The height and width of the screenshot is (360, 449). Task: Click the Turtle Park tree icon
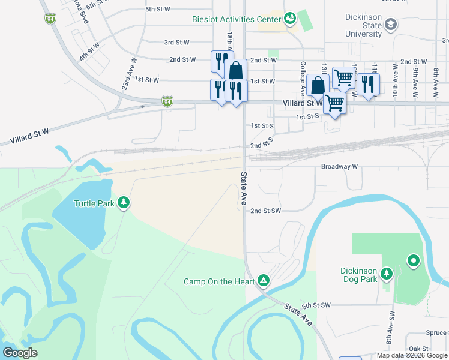point(124,203)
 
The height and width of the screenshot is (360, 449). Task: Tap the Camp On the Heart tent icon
point(263,280)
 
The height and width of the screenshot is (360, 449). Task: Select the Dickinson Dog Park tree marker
point(387,274)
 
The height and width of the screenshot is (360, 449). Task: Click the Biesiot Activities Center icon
point(290,19)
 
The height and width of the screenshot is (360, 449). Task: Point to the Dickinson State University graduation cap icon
point(391,24)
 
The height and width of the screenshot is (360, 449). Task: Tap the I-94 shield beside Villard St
point(167,102)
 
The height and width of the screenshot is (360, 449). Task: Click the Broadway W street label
point(339,166)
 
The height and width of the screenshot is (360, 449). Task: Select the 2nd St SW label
point(265,211)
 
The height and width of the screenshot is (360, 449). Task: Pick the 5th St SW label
point(316,305)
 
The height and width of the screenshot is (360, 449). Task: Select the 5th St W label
point(158,10)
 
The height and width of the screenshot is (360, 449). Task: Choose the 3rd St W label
point(177,43)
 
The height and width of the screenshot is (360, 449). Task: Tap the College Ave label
point(303,78)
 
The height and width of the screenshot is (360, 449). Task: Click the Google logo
point(20,353)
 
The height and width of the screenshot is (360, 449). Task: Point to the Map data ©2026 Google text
point(412,355)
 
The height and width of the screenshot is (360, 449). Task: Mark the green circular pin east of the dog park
point(413,261)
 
